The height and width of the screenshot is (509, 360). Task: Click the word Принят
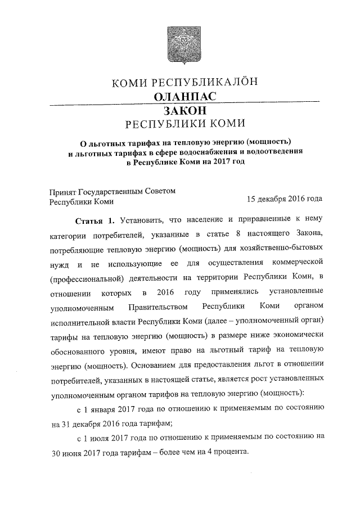64,191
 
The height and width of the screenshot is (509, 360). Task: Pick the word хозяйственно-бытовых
280,248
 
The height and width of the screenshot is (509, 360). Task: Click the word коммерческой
296,263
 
